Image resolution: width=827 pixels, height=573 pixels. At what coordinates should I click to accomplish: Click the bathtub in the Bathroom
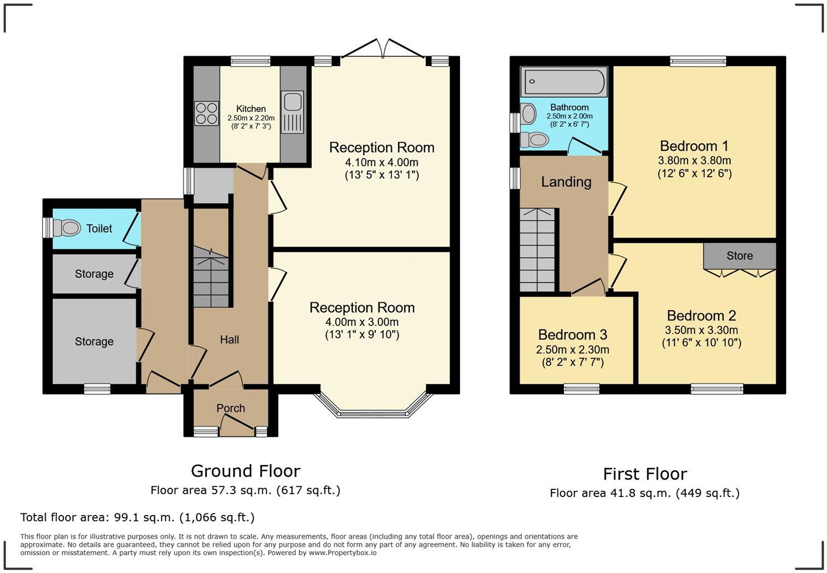click(x=563, y=81)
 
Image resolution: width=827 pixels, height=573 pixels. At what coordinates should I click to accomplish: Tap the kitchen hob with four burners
click(x=206, y=113)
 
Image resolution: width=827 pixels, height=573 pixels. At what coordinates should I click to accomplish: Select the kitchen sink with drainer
click(x=293, y=112)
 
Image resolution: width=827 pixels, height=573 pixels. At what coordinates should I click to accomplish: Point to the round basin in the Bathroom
click(x=529, y=113)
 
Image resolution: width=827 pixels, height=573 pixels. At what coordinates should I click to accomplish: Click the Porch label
click(x=230, y=408)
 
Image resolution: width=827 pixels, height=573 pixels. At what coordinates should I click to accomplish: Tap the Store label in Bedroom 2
click(x=739, y=255)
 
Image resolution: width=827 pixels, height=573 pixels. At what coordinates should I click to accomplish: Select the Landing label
click(x=566, y=182)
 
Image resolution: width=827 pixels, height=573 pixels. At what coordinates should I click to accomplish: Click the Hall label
click(x=229, y=340)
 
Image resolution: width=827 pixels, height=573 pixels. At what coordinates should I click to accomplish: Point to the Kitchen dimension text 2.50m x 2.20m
click(x=251, y=118)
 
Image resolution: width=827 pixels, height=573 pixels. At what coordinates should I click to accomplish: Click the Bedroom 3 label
click(x=573, y=335)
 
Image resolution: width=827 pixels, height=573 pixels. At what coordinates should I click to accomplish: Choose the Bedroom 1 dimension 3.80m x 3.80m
click(x=695, y=161)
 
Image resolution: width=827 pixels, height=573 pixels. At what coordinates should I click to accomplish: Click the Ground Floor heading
click(x=246, y=471)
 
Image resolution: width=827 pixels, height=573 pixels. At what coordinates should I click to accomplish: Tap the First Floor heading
click(x=645, y=474)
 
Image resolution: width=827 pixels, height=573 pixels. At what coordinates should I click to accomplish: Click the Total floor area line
click(x=137, y=517)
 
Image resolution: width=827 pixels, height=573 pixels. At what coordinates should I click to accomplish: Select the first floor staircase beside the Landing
click(x=538, y=250)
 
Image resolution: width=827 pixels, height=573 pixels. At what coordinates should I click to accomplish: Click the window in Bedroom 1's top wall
click(x=698, y=61)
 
